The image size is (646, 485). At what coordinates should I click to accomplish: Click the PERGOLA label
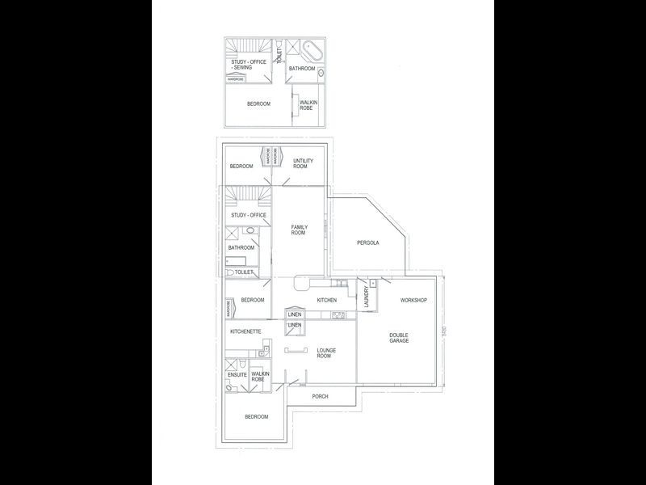[367, 242]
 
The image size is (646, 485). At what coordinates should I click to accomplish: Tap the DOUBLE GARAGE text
[399, 338]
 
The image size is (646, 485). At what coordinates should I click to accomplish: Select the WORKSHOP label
[413, 301]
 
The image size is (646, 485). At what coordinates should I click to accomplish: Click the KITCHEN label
[326, 301]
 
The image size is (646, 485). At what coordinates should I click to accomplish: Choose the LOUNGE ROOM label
[325, 352]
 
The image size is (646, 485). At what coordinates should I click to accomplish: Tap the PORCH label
[321, 397]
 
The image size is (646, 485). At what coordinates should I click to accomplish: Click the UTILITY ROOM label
[303, 163]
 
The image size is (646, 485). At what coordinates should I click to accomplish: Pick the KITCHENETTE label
[245, 331]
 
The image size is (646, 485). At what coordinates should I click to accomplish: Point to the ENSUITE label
[237, 375]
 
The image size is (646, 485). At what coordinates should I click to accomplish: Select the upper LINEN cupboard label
[294, 314]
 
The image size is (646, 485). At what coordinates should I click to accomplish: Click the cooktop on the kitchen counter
[338, 314]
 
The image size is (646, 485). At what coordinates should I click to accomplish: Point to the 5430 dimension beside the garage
[443, 331]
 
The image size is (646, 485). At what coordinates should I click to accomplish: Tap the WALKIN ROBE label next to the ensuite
[259, 376]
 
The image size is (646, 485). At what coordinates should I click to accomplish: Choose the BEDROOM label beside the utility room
[241, 167]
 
